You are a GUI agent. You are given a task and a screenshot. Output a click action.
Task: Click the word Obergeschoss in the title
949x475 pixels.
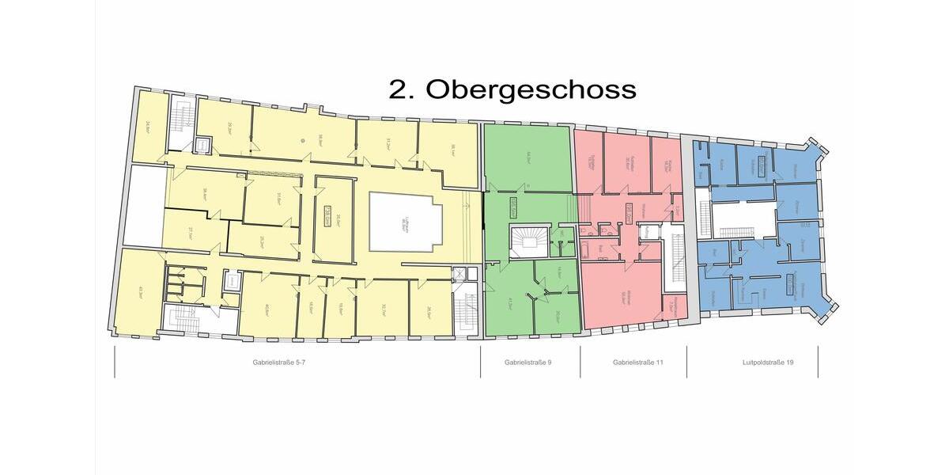pyautogui.click(x=531, y=89)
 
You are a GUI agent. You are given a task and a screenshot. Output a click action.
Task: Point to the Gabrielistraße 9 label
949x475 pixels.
pyautogui.click(x=530, y=363)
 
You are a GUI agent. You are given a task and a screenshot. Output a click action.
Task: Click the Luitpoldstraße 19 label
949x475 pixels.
pyautogui.click(x=752, y=363)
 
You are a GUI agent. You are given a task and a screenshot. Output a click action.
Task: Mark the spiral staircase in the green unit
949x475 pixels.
pyautogui.click(x=528, y=241)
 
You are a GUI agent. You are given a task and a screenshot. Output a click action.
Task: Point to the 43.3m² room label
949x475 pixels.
pyautogui.click(x=140, y=289)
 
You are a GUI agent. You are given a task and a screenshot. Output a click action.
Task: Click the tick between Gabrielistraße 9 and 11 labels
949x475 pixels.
pyautogui.click(x=580, y=363)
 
